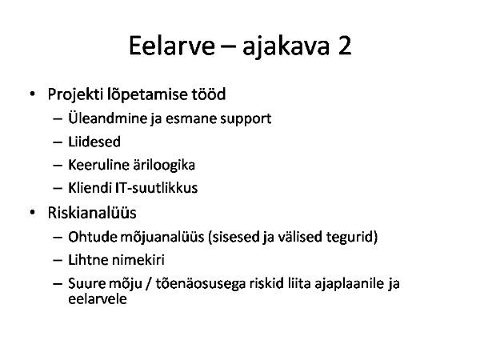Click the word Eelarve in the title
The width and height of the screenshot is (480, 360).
[x=172, y=46]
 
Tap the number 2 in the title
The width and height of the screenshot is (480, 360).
[x=345, y=46]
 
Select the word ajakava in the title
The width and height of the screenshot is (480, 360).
[x=286, y=47]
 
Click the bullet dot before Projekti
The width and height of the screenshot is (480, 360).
[x=33, y=94]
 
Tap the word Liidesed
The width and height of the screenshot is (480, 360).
[x=94, y=142]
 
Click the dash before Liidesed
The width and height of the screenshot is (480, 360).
[x=58, y=142]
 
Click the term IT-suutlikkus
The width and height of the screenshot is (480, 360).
[x=157, y=188]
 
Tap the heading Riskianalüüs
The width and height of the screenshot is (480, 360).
[x=92, y=213]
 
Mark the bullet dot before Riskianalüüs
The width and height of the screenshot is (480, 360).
[x=33, y=212]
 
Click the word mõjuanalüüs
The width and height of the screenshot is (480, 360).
[x=162, y=238]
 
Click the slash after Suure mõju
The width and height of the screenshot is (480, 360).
[x=149, y=283]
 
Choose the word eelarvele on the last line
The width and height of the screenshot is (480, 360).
[x=98, y=299]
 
